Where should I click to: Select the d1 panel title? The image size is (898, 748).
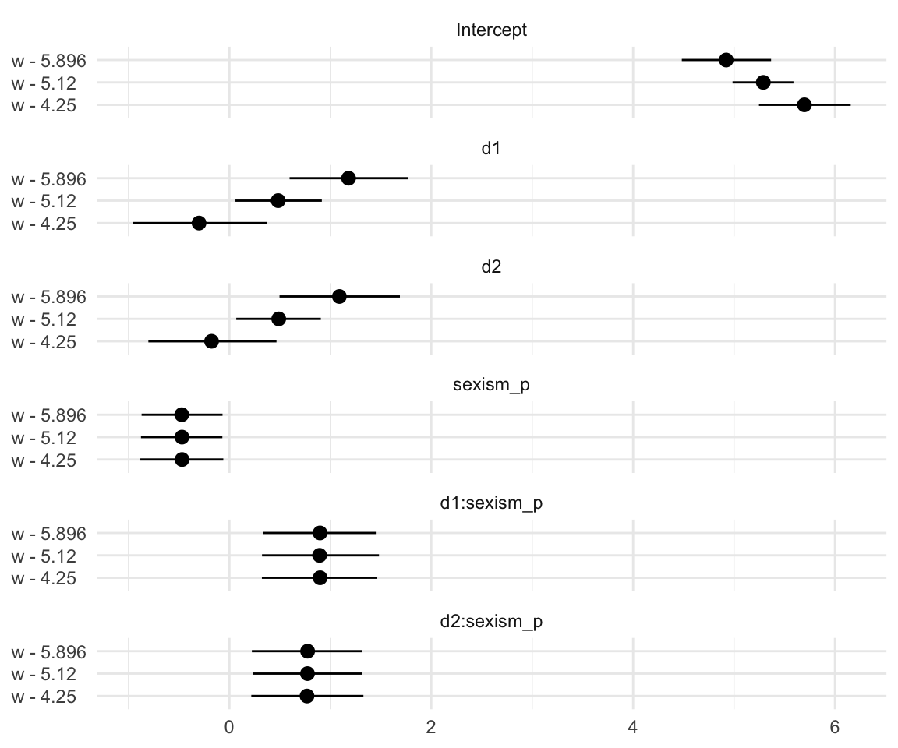[x=491, y=150]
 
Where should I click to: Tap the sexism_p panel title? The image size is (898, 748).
[x=491, y=386]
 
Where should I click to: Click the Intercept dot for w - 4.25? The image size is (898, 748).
[x=804, y=104]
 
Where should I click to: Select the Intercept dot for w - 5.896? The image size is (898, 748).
[x=726, y=60]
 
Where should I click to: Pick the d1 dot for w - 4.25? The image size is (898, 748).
[x=199, y=223]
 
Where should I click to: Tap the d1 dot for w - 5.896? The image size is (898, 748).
[x=348, y=178]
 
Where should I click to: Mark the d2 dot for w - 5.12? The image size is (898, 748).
[x=278, y=319]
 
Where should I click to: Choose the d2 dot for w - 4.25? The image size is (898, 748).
[x=211, y=341]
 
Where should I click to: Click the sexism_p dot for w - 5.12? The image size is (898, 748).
[x=182, y=437]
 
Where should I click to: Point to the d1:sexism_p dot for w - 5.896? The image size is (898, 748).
[x=320, y=533]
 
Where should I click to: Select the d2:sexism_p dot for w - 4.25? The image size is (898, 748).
[x=307, y=696]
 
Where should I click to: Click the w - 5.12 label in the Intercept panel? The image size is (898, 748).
[x=44, y=83]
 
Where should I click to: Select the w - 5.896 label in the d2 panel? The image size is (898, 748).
[x=48, y=297]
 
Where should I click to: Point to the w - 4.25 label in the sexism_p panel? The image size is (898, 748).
[x=44, y=460]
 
